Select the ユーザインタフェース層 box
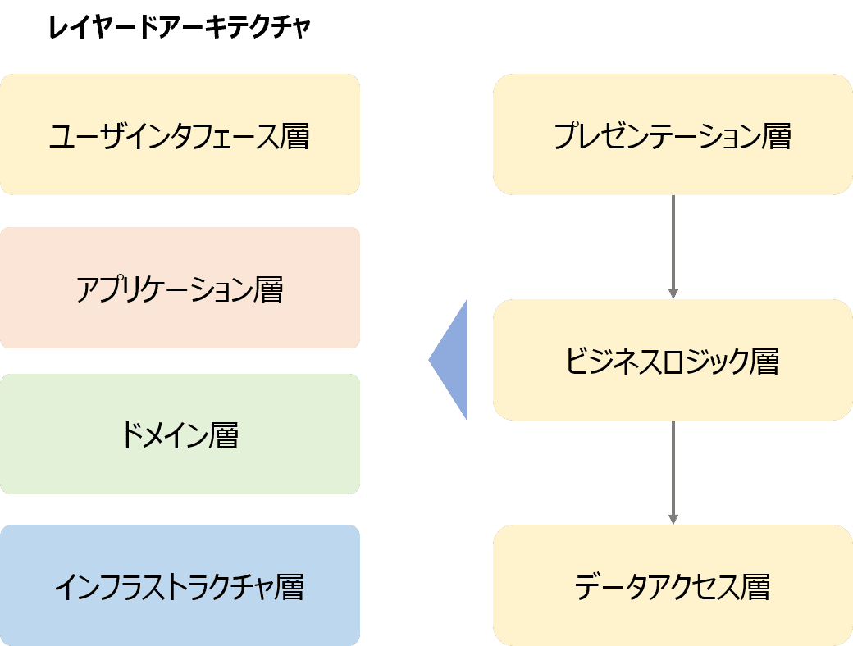[180, 134]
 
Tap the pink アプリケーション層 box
[180, 288]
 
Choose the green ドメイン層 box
[180, 434]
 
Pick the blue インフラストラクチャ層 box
[180, 585]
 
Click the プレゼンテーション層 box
[672, 134]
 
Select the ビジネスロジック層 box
[672, 360]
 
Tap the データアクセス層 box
[672, 585]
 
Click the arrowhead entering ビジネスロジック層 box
[673, 293]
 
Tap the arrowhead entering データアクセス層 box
[673, 519]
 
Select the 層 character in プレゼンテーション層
[775, 135]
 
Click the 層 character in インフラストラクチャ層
[289, 586]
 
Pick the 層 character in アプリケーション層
[268, 289]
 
